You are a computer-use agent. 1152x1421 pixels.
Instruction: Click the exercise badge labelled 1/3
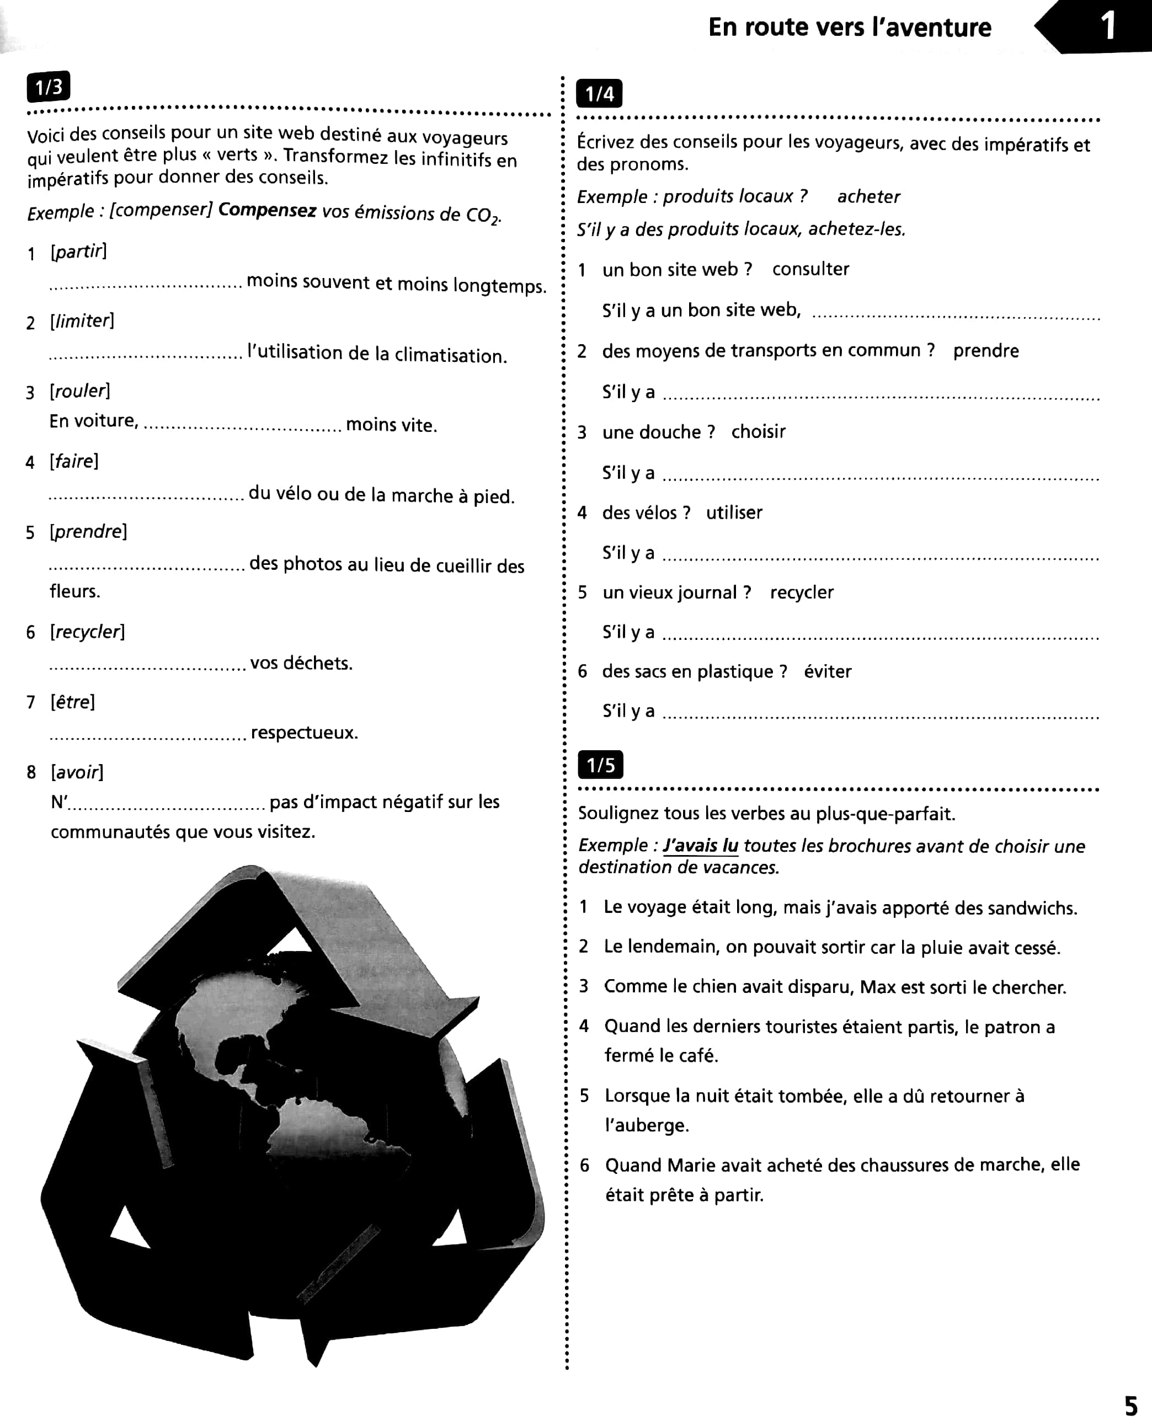(48, 86)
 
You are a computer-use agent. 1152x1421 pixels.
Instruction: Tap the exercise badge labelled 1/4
(599, 94)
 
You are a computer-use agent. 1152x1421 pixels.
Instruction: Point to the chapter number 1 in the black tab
(1107, 26)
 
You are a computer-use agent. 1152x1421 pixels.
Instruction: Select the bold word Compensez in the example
(267, 210)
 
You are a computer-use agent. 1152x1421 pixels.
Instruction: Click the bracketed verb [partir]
(78, 252)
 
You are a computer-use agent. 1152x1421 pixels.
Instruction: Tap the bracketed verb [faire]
(74, 461)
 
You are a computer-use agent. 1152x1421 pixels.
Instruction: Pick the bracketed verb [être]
(72, 702)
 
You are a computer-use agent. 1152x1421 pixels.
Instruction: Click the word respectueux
(304, 733)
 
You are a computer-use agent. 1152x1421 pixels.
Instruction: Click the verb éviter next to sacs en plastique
(827, 671)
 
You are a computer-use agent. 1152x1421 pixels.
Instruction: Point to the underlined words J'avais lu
(700, 846)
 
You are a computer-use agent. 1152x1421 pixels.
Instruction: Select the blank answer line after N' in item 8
(166, 806)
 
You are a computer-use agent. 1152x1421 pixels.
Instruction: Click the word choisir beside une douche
(758, 432)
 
